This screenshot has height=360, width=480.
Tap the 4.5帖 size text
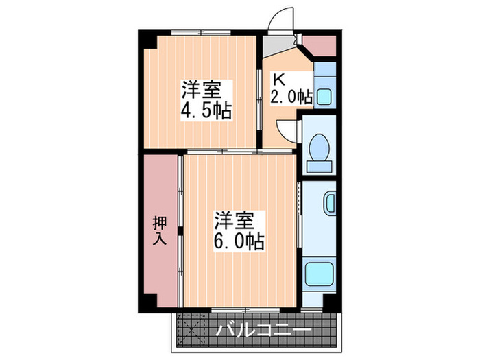[204, 110]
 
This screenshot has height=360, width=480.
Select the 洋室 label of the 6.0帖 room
[234, 221]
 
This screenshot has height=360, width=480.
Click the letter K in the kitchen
[280, 78]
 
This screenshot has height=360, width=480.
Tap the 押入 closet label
[159, 231]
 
